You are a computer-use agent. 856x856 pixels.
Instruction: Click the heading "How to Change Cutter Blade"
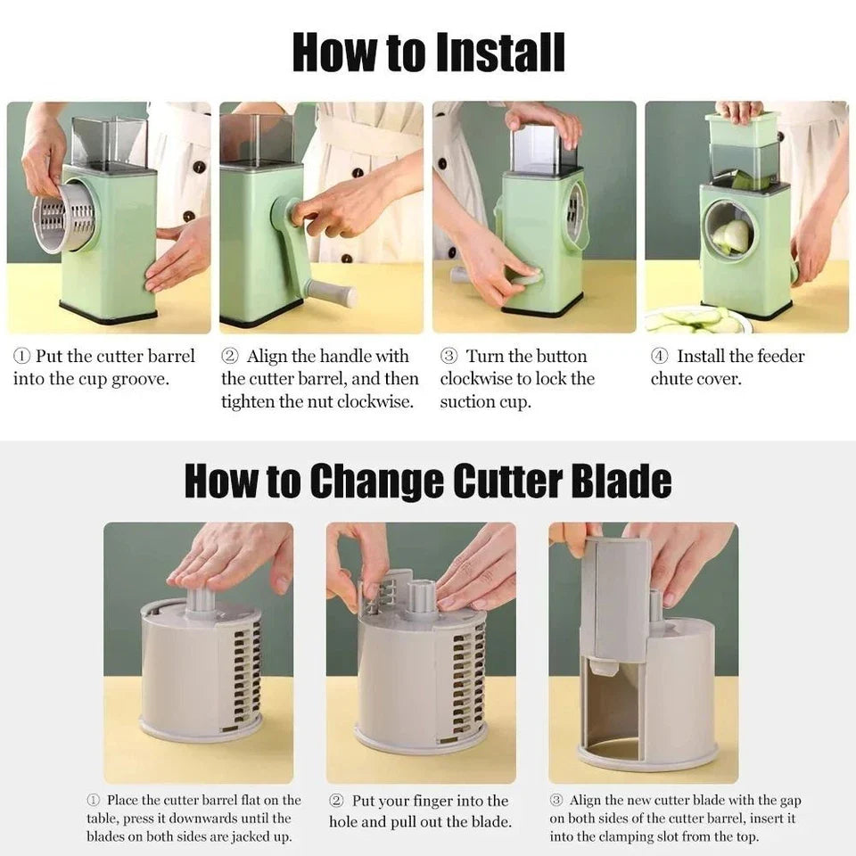click(x=428, y=481)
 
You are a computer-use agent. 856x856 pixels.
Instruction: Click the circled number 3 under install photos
click(x=449, y=357)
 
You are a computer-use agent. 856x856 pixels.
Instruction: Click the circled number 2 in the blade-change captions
click(x=337, y=801)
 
